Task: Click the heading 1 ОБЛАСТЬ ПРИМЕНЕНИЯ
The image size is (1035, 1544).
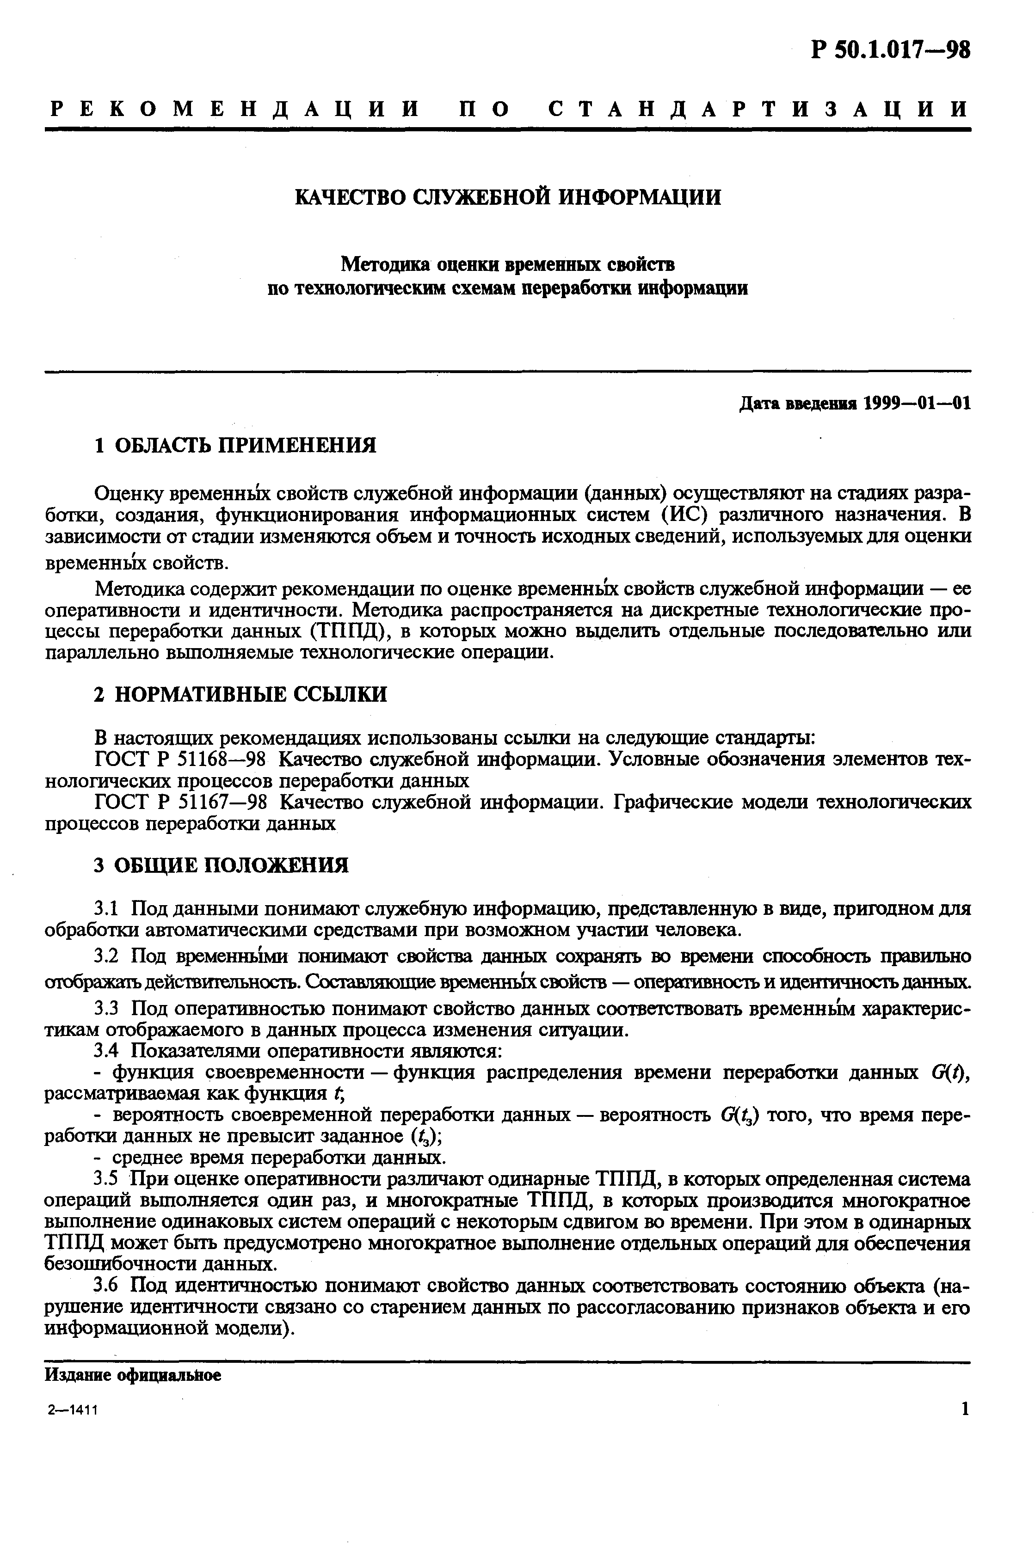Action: click(x=235, y=445)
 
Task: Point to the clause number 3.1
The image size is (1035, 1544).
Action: click(x=106, y=908)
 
